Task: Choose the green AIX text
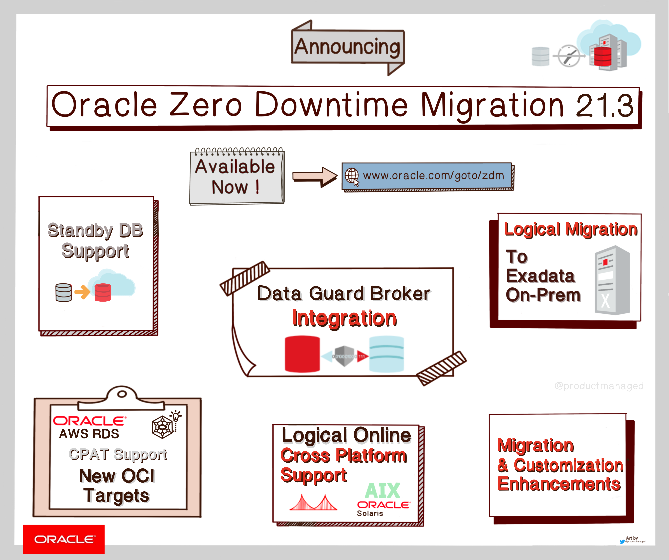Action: point(382,491)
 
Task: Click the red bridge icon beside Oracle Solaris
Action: point(313,503)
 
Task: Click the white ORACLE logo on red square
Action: point(64,539)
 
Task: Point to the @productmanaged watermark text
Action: point(599,386)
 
